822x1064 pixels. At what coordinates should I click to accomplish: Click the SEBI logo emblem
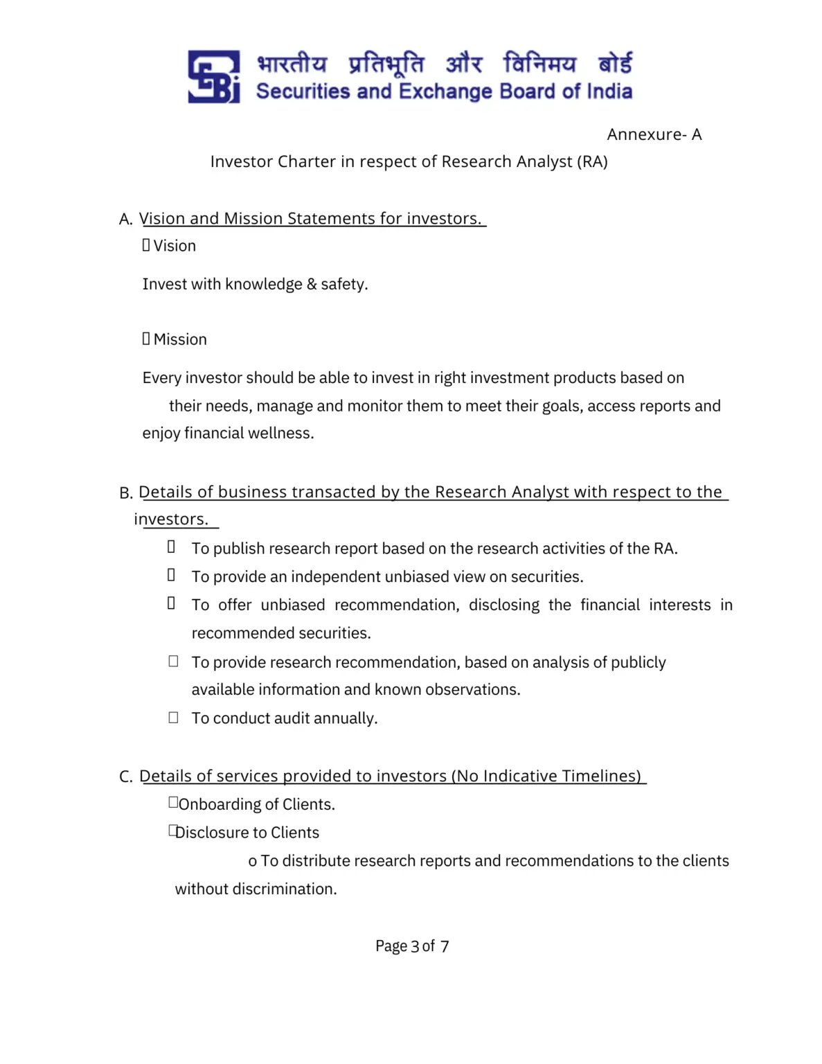pyautogui.click(x=213, y=76)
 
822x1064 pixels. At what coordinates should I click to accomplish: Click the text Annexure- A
pyautogui.click(x=654, y=134)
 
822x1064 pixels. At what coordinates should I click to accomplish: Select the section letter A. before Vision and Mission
pyautogui.click(x=125, y=220)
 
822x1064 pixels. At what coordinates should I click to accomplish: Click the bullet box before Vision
pyautogui.click(x=146, y=245)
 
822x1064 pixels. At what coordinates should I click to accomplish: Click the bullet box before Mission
pyautogui.click(x=146, y=339)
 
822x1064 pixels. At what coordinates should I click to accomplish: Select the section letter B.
pyautogui.click(x=125, y=493)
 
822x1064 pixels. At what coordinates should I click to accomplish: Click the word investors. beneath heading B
pyautogui.click(x=171, y=519)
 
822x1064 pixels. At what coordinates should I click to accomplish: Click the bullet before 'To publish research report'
pyautogui.click(x=171, y=547)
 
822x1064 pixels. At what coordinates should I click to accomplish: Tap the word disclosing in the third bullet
pyautogui.click(x=503, y=605)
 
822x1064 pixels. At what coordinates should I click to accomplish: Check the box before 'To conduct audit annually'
pyautogui.click(x=173, y=718)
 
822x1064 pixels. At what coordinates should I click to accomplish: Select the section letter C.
pyautogui.click(x=125, y=777)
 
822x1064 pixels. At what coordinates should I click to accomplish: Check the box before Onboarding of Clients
pyautogui.click(x=173, y=802)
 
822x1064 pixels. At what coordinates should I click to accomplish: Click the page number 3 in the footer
pyautogui.click(x=415, y=946)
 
